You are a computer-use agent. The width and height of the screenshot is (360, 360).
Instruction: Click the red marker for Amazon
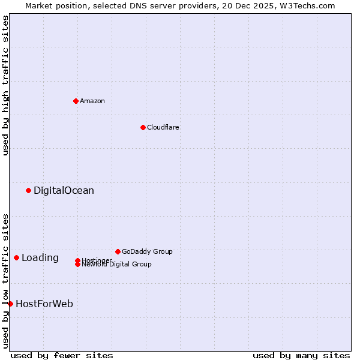click(x=76, y=101)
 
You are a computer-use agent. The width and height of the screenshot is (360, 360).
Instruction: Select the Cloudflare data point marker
click(x=143, y=127)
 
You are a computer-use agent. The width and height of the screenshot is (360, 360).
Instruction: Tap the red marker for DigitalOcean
click(x=28, y=191)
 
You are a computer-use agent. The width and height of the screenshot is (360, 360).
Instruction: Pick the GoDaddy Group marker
click(x=118, y=251)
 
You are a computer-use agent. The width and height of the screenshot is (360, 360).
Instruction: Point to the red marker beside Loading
click(x=16, y=258)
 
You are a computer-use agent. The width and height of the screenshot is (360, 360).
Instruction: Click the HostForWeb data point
click(x=10, y=304)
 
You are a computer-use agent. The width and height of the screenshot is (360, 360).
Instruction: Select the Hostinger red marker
click(x=77, y=260)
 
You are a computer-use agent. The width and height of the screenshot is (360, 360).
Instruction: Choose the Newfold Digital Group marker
click(x=77, y=265)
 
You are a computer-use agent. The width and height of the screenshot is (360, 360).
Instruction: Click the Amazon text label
click(x=92, y=101)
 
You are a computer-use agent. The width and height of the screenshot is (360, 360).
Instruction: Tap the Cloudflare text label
click(x=163, y=127)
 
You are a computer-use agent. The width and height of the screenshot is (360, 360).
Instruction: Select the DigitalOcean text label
click(x=64, y=191)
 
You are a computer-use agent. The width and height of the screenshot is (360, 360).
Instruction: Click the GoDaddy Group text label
click(x=147, y=251)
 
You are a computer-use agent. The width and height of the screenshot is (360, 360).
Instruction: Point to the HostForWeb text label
click(x=44, y=304)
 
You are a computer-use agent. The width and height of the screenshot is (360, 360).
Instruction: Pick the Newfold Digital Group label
click(x=117, y=265)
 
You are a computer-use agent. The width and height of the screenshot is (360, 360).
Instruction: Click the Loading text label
click(x=40, y=258)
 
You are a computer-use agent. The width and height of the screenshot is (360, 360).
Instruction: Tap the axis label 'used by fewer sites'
click(x=62, y=355)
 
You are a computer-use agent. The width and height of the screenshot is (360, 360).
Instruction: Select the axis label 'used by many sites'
click(x=301, y=355)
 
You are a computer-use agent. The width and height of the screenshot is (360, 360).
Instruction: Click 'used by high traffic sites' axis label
click(x=5, y=85)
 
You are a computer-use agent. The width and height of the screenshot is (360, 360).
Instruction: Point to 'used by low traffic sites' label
click(x=5, y=281)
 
